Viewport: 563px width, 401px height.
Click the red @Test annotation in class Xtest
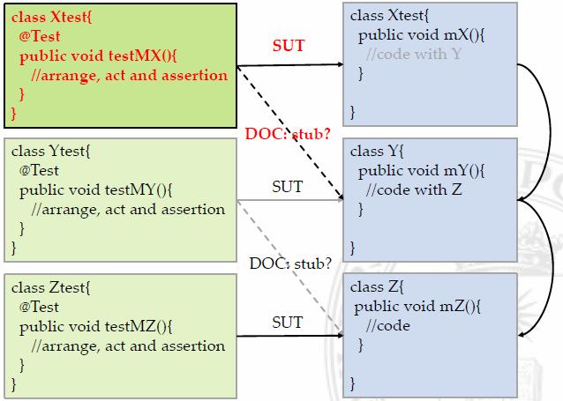[40, 37]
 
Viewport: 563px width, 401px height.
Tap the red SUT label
[289, 46]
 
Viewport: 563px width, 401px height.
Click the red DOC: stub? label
[288, 134]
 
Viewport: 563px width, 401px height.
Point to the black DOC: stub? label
[289, 263]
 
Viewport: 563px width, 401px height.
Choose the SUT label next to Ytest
[287, 187]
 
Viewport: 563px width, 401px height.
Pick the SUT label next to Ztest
[287, 322]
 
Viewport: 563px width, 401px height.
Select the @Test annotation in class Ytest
[40, 171]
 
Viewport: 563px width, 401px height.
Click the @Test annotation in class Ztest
[40, 308]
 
